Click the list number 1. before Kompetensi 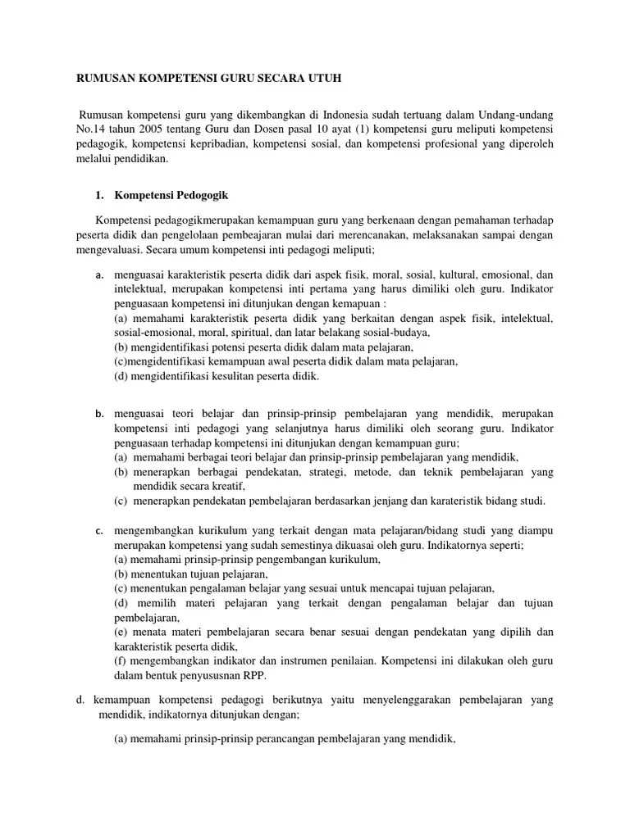(x=101, y=196)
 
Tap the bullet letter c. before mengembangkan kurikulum (x=100, y=530)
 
